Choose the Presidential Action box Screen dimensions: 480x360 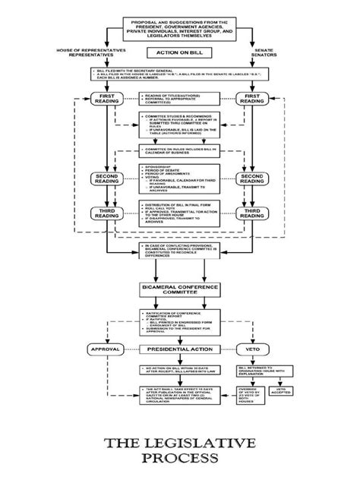click(x=180, y=348)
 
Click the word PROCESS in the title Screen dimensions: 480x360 click(x=180, y=459)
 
